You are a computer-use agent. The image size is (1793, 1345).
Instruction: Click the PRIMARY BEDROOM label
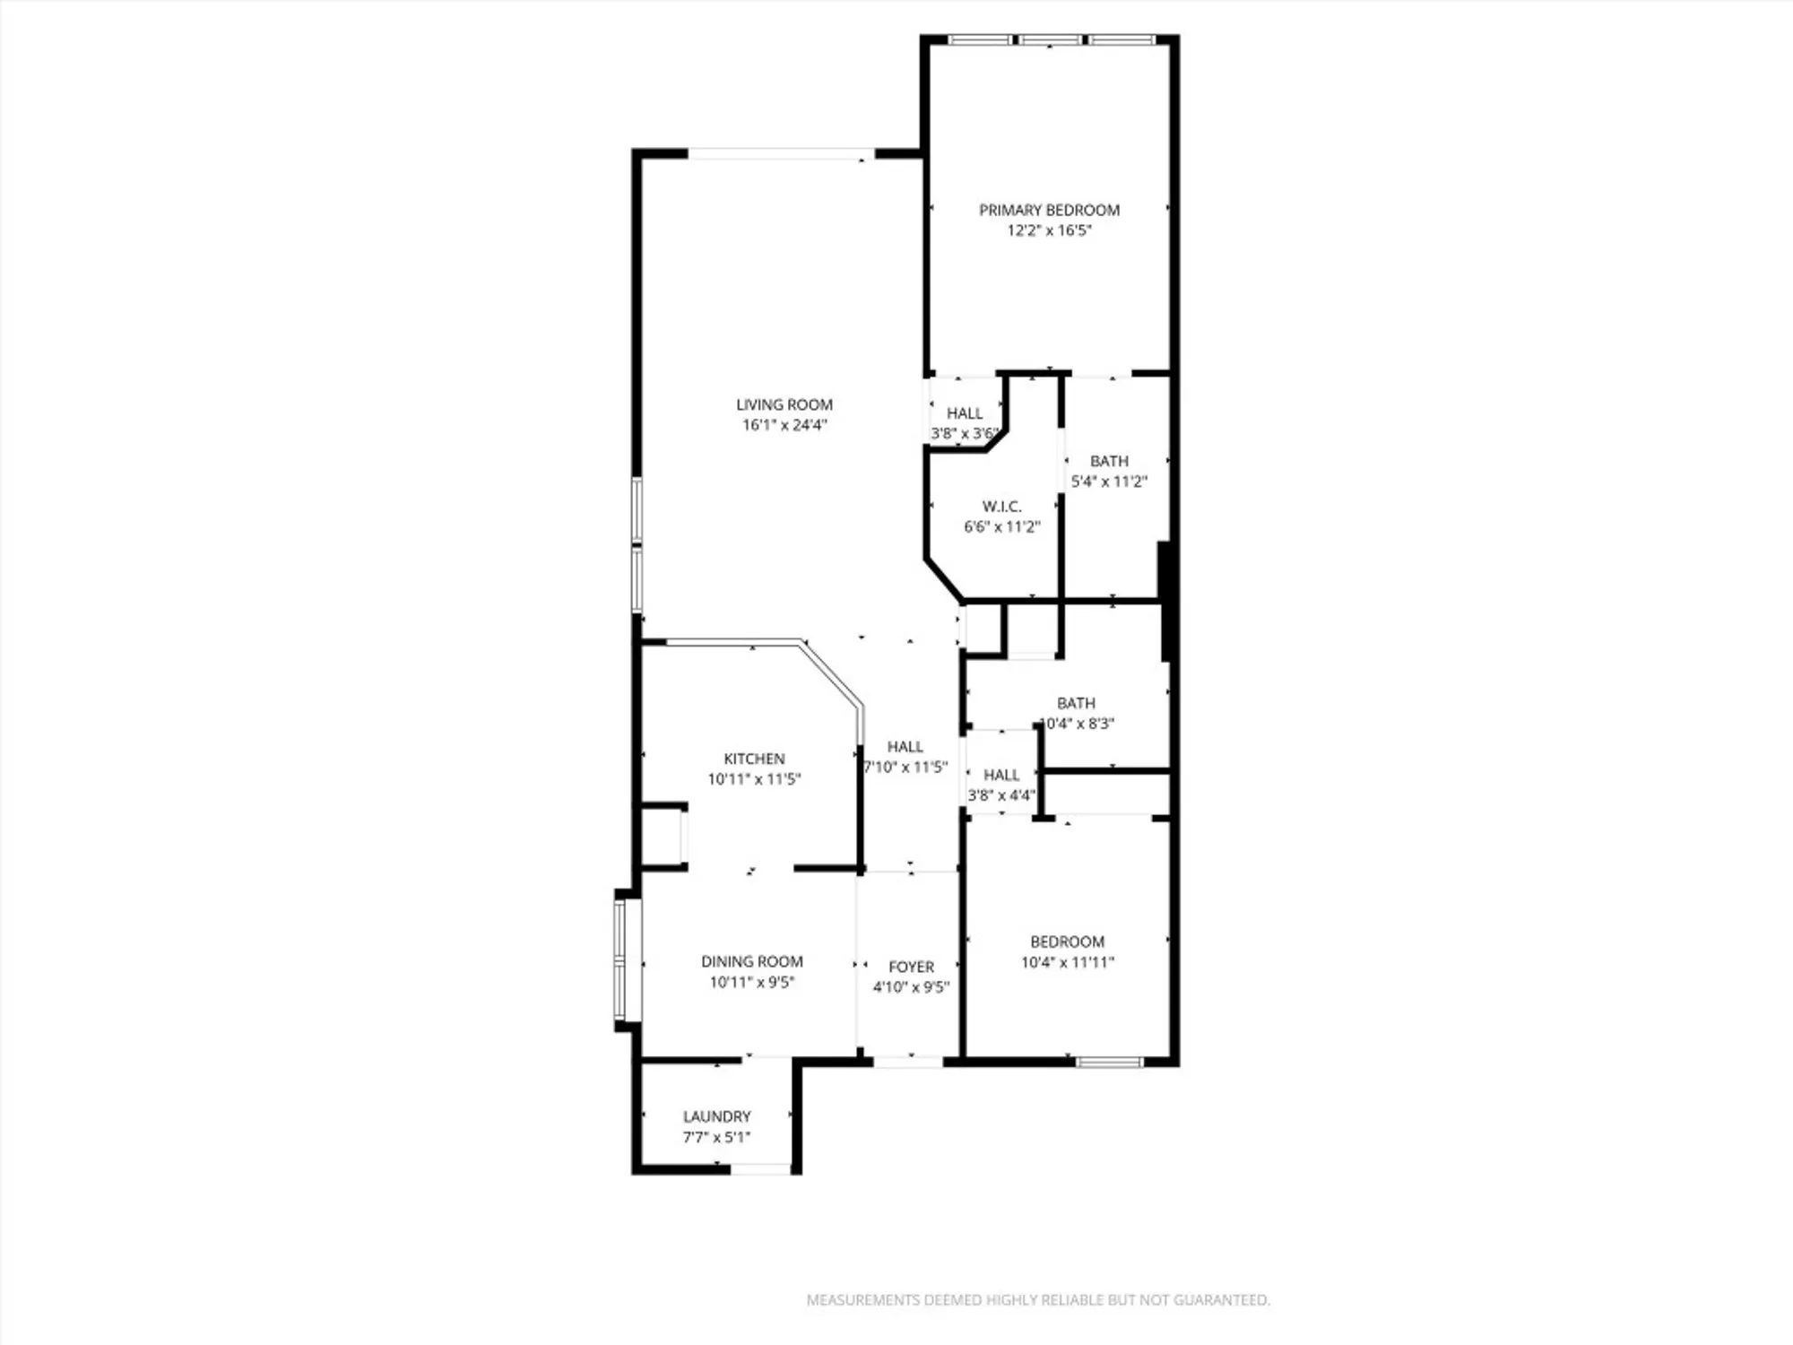(1049, 210)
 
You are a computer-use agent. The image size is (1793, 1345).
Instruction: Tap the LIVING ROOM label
(784, 404)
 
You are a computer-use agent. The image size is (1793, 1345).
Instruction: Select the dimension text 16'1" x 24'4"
(784, 425)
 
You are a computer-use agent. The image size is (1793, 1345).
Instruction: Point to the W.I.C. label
(1001, 507)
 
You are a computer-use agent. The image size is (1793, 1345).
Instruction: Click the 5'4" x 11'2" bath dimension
(1109, 482)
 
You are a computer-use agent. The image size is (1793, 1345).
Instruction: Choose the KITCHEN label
(754, 759)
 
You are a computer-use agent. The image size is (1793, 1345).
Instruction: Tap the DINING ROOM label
(752, 961)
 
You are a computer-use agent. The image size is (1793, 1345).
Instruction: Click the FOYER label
(911, 967)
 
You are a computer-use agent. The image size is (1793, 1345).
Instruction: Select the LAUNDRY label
(716, 1116)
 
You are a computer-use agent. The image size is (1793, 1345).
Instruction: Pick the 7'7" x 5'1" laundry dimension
(716, 1137)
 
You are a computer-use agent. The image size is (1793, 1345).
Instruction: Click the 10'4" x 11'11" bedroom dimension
(1067, 962)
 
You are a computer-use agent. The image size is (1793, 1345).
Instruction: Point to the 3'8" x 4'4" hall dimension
(1001, 795)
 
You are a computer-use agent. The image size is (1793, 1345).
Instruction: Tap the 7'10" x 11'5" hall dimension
(905, 767)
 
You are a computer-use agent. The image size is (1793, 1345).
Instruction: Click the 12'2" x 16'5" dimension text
(1049, 230)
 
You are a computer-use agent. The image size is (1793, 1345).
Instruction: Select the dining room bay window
(620, 959)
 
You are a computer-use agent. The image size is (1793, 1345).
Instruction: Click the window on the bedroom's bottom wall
(1110, 1063)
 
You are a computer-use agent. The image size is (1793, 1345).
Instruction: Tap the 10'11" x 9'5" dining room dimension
(752, 982)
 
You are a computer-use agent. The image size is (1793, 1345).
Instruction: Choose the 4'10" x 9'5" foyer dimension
(911, 987)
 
